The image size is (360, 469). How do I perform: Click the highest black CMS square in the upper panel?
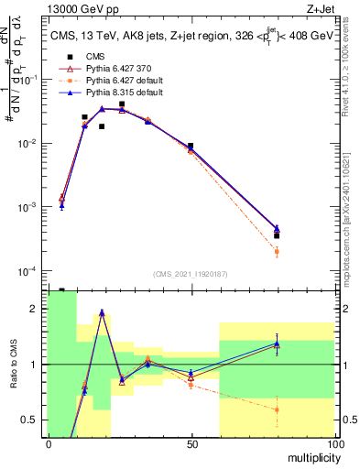click(122, 104)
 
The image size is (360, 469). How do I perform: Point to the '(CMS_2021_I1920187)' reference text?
click(190, 274)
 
